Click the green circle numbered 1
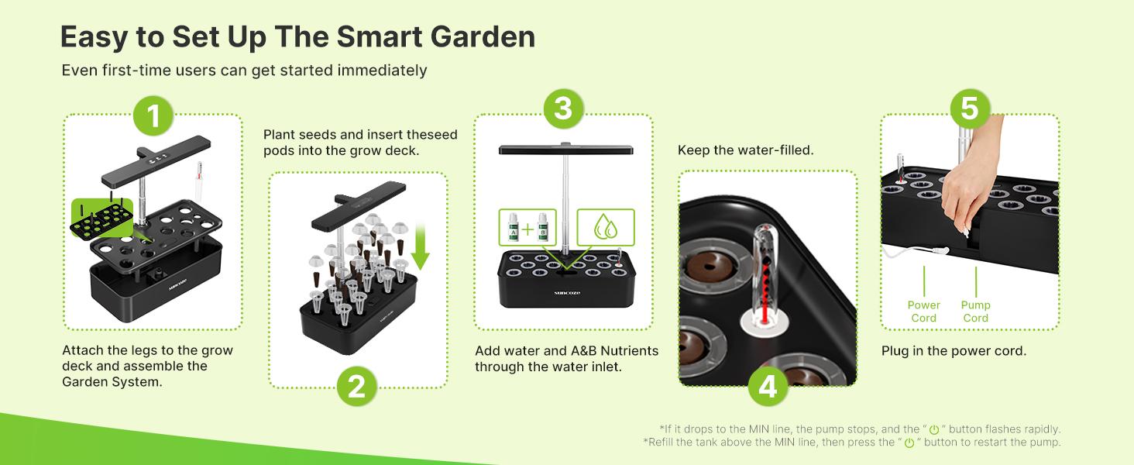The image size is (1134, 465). tap(153, 115)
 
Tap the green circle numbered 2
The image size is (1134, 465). tap(356, 386)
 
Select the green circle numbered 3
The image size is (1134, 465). tap(562, 108)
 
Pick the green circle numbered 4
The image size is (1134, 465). tap(767, 387)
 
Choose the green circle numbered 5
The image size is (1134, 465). tap(969, 108)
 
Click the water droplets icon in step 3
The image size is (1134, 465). tap(605, 229)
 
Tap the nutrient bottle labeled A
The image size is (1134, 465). tap(513, 230)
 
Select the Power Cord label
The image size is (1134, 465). tap(923, 312)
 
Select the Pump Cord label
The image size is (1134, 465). tap(975, 312)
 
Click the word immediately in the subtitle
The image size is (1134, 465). tap(382, 71)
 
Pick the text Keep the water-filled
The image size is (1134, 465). tap(745, 150)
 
